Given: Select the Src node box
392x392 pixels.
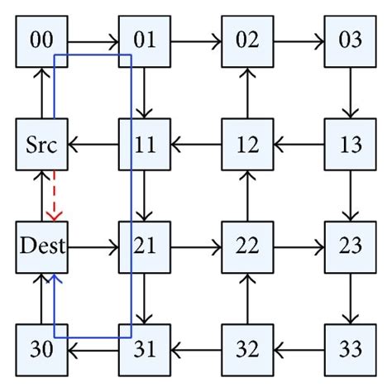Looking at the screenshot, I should tap(41, 145).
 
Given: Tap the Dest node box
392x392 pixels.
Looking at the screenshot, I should tap(41, 246).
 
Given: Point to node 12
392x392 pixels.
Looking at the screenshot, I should tap(247, 145).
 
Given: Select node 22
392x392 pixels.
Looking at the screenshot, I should tap(247, 246).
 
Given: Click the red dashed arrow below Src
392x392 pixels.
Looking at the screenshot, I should tap(54, 196).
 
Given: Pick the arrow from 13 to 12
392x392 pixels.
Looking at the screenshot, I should tap(299, 145).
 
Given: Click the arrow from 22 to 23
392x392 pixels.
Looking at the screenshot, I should tap(299, 246).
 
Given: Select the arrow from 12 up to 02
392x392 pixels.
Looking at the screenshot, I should tap(247, 93).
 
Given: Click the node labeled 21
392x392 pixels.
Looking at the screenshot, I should tap(145, 246).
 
